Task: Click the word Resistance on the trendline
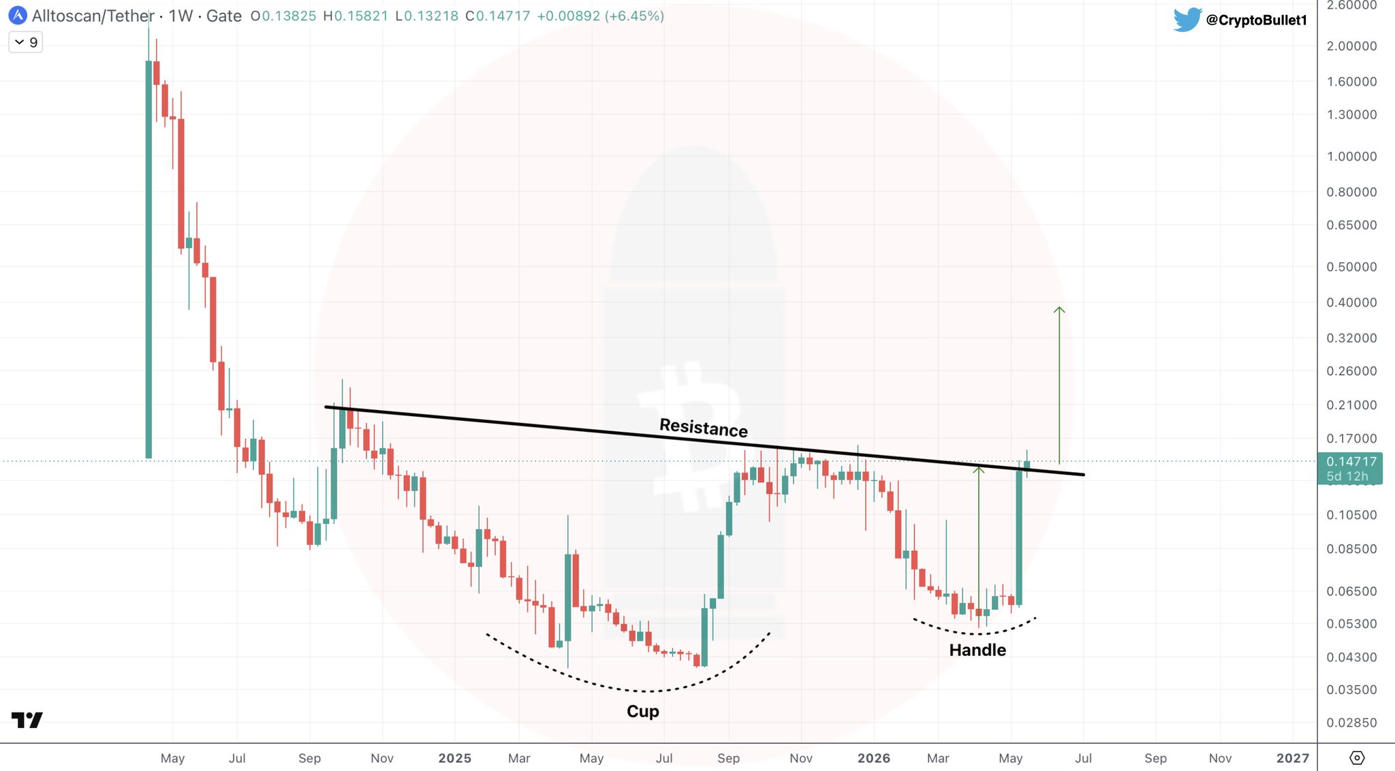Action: pyautogui.click(x=704, y=428)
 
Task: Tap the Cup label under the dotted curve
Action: pyautogui.click(x=643, y=712)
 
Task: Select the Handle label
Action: pyautogui.click(x=977, y=650)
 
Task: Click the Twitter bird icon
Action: pyautogui.click(x=1187, y=20)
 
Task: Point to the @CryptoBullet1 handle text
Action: pyautogui.click(x=1257, y=20)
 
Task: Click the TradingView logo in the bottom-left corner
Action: pyautogui.click(x=27, y=720)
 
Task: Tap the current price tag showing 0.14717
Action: pyautogui.click(x=1350, y=469)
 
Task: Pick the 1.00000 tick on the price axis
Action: pyautogui.click(x=1351, y=156)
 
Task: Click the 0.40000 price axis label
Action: pyautogui.click(x=1351, y=302)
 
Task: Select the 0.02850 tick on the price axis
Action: pyautogui.click(x=1351, y=723)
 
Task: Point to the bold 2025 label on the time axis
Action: pyautogui.click(x=455, y=758)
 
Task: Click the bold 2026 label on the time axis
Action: pyautogui.click(x=874, y=758)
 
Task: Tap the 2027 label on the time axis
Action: pyautogui.click(x=1293, y=758)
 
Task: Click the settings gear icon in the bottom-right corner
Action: pyautogui.click(x=1357, y=757)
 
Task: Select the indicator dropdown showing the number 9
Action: pyautogui.click(x=26, y=42)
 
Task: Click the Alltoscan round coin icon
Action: pyautogui.click(x=17, y=15)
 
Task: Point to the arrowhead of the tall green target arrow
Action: pyautogui.click(x=1059, y=310)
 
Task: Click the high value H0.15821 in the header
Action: pyautogui.click(x=356, y=16)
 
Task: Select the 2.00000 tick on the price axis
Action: pyautogui.click(x=1351, y=46)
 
